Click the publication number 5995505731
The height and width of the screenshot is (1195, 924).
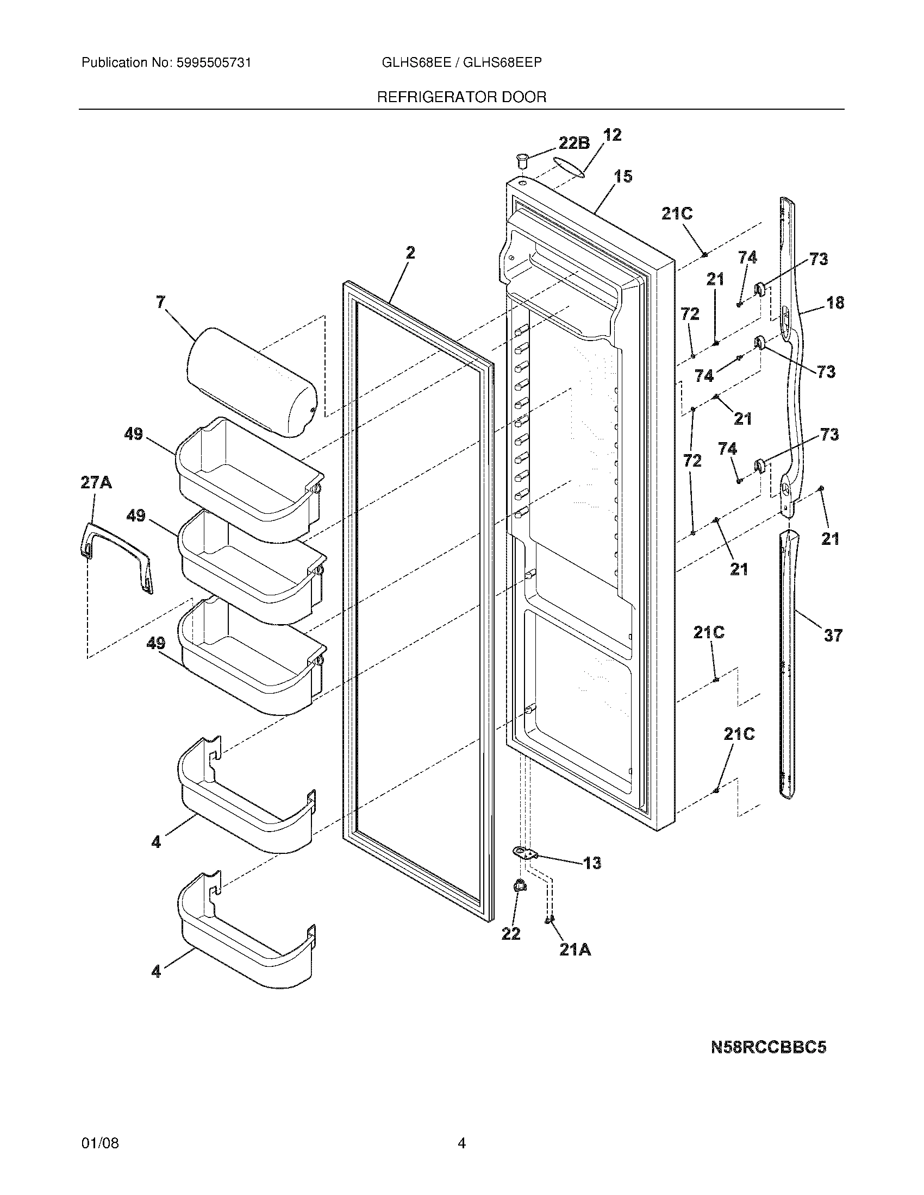(x=213, y=63)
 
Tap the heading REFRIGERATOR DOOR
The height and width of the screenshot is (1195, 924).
(x=461, y=97)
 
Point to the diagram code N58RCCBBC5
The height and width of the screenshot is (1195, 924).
(x=768, y=1047)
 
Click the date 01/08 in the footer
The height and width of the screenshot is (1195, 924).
(x=99, y=1143)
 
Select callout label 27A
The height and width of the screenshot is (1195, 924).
(x=96, y=482)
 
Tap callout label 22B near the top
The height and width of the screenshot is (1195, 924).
(x=573, y=143)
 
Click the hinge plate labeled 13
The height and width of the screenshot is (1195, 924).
(x=525, y=852)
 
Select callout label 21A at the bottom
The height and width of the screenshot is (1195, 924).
(x=575, y=951)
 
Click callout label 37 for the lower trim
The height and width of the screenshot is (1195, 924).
(x=833, y=636)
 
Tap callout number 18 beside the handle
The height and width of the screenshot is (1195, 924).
(x=835, y=303)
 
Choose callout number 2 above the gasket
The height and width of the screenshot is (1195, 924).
(x=410, y=253)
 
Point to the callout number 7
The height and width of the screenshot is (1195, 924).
(x=160, y=302)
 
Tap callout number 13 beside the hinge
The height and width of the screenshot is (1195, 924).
(x=592, y=864)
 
